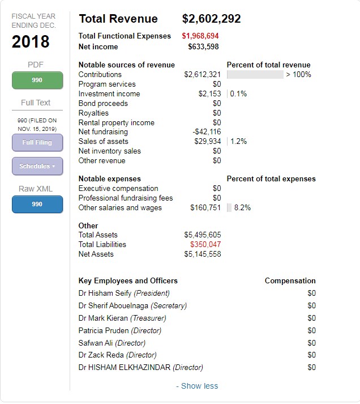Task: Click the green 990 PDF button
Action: coord(37,80)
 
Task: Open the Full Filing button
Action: coord(37,143)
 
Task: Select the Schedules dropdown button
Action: coord(37,167)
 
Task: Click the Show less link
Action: coord(196,386)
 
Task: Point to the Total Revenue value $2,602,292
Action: coord(211,19)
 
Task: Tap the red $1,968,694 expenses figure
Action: coord(200,36)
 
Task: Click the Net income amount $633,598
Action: coord(203,46)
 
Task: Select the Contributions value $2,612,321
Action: coord(202,75)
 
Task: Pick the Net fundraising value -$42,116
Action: coord(207,132)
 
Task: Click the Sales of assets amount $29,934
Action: coord(207,142)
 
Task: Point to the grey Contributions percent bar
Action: coord(255,75)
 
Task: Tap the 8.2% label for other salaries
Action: coord(242,208)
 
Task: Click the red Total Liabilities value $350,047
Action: coord(205,245)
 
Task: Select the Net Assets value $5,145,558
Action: coord(203,254)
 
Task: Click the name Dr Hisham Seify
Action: coord(105,294)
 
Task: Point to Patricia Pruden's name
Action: coord(104,331)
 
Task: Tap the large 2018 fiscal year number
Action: coord(31,42)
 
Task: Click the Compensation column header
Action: coord(290,281)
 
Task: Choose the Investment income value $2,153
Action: coord(209,94)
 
